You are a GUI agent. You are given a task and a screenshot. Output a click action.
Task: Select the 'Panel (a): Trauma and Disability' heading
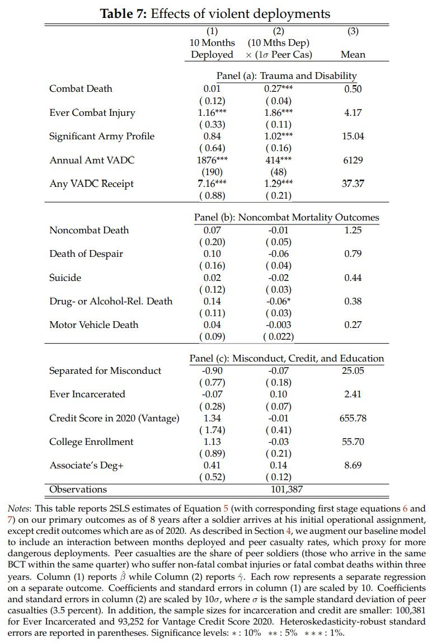[x=286, y=76]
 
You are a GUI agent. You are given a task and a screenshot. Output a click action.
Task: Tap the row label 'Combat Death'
[x=81, y=88]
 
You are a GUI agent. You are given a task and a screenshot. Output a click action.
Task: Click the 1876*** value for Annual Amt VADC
[x=212, y=160]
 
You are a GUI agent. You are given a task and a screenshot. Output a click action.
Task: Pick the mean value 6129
[x=353, y=160]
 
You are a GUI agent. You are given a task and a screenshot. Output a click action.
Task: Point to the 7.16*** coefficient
[x=212, y=184]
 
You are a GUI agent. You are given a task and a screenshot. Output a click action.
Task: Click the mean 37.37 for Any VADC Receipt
[x=353, y=184]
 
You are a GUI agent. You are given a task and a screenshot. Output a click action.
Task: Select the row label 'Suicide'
[x=65, y=278]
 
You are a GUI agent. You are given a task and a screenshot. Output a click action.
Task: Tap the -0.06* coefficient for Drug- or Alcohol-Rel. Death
[x=279, y=301]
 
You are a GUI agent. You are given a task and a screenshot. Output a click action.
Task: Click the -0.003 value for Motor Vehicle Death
[x=279, y=325]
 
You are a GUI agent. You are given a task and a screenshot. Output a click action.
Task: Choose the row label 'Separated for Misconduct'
[x=105, y=370]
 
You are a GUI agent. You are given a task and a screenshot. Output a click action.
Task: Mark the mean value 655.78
[x=353, y=417]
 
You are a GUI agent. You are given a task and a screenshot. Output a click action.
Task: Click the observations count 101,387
[x=279, y=489]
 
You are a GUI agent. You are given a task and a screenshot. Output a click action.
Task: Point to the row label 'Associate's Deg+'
[x=86, y=465]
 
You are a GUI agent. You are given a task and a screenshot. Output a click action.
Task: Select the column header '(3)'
[x=353, y=31]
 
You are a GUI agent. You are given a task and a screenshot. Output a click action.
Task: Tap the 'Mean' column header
[x=353, y=54]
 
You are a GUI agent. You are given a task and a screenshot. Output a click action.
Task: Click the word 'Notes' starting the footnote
[x=20, y=508]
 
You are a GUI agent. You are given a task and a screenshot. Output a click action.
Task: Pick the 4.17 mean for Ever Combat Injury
[x=353, y=112]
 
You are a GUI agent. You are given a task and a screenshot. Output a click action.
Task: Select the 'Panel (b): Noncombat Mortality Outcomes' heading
[x=286, y=217]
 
